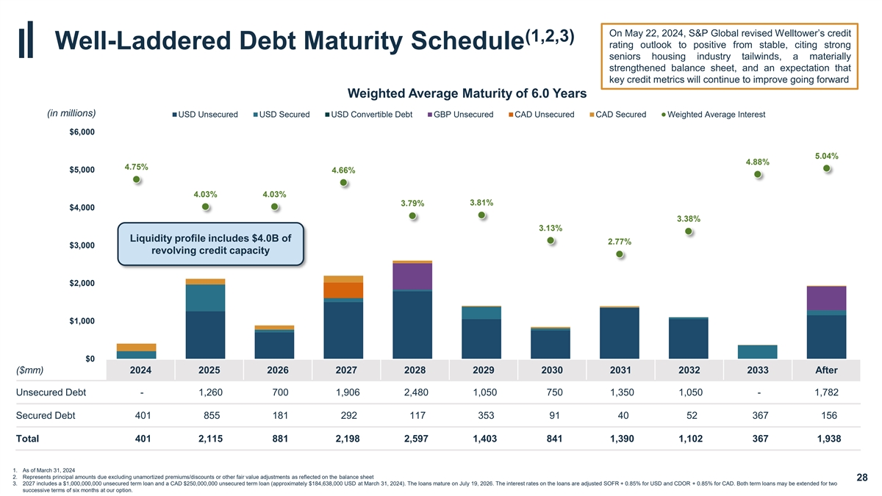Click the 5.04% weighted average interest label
[x=826, y=156]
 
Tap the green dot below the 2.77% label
[x=620, y=254]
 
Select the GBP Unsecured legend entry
[x=460, y=115]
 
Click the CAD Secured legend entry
[x=618, y=115]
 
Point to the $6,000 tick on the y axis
[x=81, y=132]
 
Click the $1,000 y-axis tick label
[x=81, y=321]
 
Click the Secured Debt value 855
[x=211, y=416]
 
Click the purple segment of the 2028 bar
[x=412, y=276]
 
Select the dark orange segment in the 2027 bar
[x=343, y=290]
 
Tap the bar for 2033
[x=758, y=351]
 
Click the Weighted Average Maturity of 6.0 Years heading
[x=467, y=93]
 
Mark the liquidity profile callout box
[x=209, y=244]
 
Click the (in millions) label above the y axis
[x=71, y=113]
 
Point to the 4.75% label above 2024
[x=137, y=167]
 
